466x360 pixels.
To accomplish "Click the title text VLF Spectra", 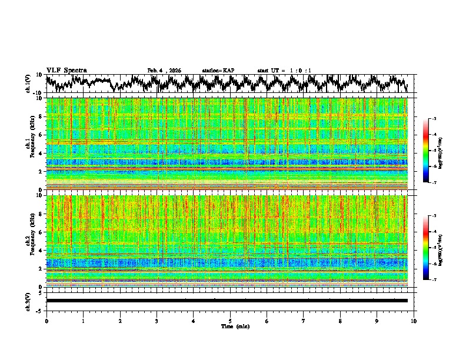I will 66,70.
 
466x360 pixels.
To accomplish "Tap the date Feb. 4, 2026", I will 164,71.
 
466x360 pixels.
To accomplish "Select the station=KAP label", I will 218,71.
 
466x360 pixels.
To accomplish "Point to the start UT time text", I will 284,71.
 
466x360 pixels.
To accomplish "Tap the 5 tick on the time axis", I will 230,320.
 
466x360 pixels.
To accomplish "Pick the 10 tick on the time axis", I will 414,320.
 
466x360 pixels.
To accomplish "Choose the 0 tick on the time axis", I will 46,320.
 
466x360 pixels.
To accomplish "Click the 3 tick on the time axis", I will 157,320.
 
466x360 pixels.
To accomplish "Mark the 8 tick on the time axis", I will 340,320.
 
